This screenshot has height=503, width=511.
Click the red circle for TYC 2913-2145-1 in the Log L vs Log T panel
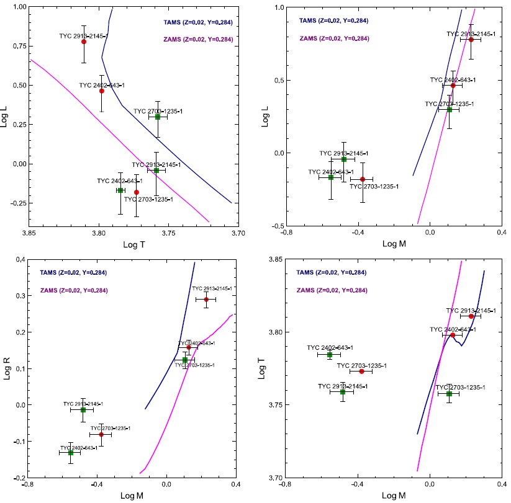(84, 42)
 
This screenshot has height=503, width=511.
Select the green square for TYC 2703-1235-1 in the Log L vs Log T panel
(158, 117)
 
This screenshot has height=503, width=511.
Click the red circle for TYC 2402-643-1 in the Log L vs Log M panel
(453, 85)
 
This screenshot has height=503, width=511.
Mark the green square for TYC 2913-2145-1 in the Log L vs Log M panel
(343, 159)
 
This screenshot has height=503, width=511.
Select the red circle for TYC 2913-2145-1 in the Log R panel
(206, 300)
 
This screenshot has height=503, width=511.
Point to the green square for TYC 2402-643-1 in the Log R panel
(71, 453)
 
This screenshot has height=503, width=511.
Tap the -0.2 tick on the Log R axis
(19, 478)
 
